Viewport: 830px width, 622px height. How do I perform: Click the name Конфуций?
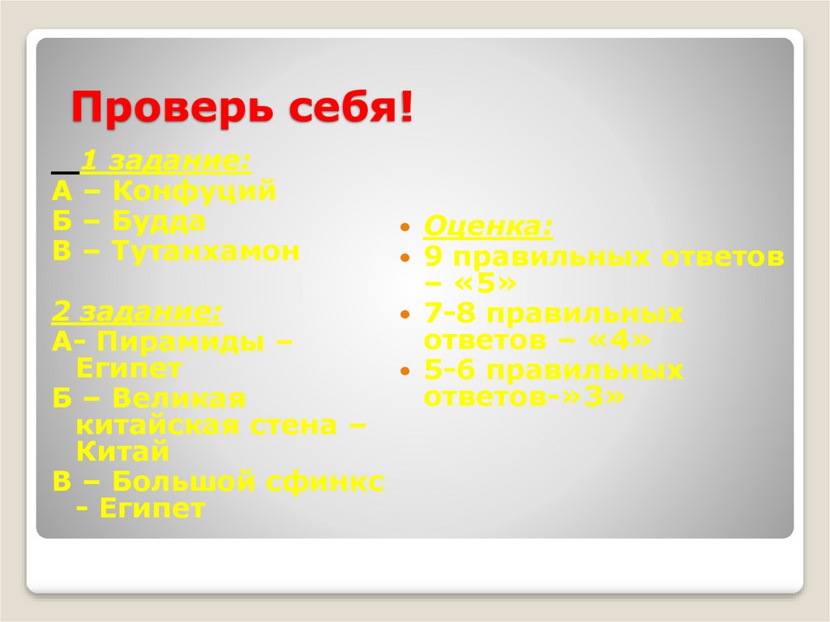pos(195,192)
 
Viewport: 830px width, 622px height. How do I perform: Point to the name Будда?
pos(159,221)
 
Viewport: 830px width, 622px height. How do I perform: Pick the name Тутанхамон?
pos(206,251)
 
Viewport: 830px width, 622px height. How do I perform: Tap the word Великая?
pos(178,399)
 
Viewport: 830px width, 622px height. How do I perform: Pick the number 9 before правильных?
pos(433,257)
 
